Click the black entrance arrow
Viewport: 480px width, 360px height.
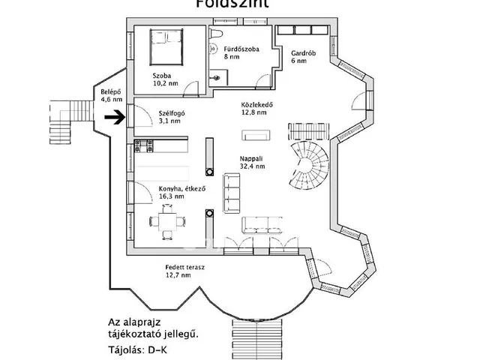[x=115, y=117]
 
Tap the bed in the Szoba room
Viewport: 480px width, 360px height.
[x=166, y=46]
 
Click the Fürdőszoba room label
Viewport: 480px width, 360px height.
[x=242, y=49]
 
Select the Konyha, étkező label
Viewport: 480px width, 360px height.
[x=181, y=188]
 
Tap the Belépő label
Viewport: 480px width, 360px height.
[x=112, y=91]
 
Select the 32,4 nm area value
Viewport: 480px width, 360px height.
[x=253, y=167]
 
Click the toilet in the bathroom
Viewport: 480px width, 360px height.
[x=217, y=38]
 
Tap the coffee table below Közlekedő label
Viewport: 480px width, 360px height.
[x=254, y=135]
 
